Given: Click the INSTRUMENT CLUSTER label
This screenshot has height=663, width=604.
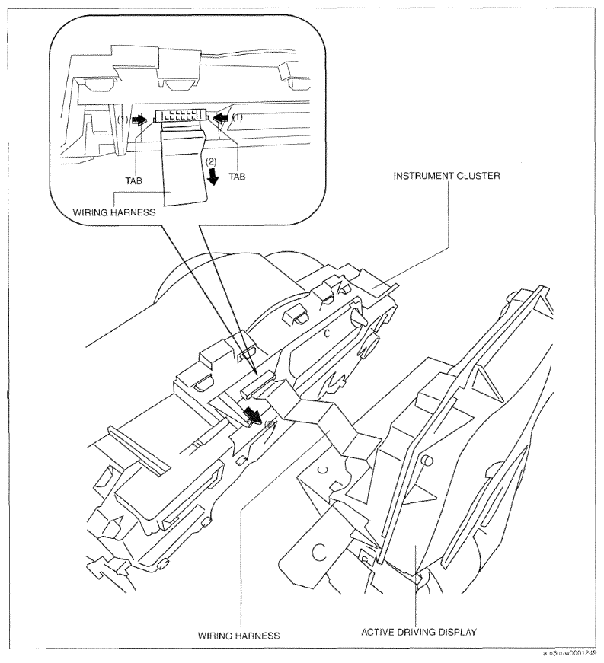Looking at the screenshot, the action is click(446, 176).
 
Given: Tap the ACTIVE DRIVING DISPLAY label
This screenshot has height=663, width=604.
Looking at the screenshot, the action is click(419, 632).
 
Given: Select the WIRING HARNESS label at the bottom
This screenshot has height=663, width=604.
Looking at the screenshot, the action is click(238, 636).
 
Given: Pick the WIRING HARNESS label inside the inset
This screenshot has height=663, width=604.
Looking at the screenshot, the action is click(114, 212).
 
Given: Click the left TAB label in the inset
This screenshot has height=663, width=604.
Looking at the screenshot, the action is click(133, 181).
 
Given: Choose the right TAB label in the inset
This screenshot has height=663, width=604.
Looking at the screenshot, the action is click(237, 177).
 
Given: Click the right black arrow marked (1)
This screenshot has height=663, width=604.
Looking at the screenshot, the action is click(221, 119).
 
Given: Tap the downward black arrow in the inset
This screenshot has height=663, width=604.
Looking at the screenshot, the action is click(213, 177).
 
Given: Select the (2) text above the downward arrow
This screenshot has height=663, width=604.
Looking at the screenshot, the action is click(211, 161).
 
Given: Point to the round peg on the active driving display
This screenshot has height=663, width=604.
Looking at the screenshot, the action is click(427, 460).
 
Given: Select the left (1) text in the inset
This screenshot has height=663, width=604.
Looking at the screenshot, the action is click(122, 120).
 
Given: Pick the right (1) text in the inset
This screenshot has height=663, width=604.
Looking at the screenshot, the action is click(238, 117).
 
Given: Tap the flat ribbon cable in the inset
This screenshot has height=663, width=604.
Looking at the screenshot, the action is click(185, 167).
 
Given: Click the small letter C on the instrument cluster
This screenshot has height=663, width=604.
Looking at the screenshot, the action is click(327, 334).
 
